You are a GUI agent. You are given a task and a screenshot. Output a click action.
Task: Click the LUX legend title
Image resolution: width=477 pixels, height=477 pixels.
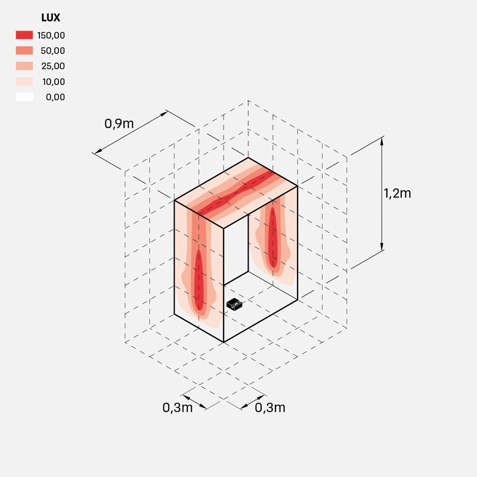[x=51, y=18]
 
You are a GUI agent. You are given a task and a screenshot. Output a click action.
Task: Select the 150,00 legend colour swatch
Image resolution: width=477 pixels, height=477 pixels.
[x=24, y=35]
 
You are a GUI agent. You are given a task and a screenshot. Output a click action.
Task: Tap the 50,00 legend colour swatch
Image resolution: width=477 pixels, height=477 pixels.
[x=24, y=51]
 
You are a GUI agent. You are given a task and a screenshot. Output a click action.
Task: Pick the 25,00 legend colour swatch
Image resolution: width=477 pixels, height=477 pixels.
[x=24, y=66]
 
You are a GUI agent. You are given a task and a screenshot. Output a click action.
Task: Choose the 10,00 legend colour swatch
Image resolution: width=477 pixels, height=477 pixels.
[x=24, y=82]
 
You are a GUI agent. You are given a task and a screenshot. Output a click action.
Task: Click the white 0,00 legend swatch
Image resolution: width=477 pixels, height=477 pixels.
[x=24, y=97]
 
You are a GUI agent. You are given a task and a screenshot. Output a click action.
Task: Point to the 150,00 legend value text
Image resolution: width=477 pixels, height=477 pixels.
[x=51, y=35]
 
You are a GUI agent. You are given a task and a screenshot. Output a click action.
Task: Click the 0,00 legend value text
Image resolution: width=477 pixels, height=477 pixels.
[x=55, y=97]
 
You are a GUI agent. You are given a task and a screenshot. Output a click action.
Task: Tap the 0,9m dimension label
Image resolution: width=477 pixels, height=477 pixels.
[x=119, y=124]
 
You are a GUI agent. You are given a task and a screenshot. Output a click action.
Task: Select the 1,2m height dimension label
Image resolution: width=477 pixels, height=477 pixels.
[x=397, y=193]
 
